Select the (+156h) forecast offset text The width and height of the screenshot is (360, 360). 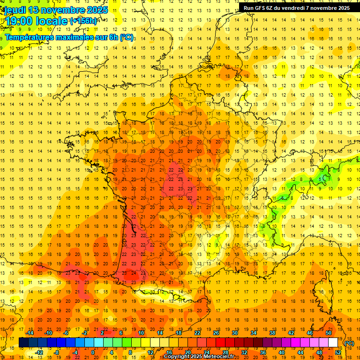click(x=83, y=21)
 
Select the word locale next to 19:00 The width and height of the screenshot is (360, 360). click(x=53, y=21)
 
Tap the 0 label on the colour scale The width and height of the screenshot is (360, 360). click(x=93, y=352)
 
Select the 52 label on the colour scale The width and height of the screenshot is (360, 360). click(x=337, y=352)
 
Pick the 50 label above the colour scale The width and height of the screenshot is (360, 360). click(x=328, y=333)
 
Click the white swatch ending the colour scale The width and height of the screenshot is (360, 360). click(x=333, y=343)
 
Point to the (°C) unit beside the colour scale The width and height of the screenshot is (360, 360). click(x=349, y=343)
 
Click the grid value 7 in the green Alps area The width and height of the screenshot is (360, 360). click(x=330, y=179)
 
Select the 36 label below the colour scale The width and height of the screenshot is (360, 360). click(x=262, y=352)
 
